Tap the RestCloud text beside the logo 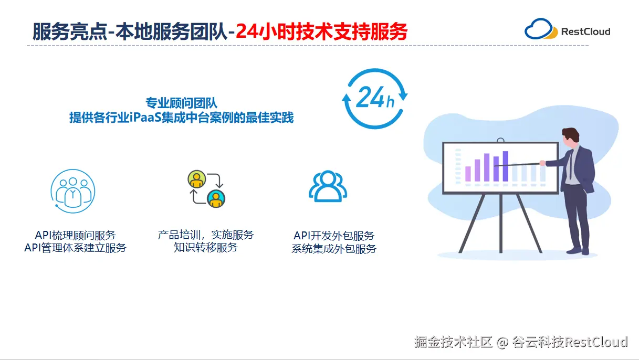point(585,31)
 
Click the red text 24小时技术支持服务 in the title point(321,31)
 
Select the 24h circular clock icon point(375,98)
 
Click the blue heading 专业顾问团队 point(182,103)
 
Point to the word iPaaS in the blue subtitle point(145,117)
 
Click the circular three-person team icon point(73,191)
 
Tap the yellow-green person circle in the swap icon point(196,179)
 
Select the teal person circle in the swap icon point(216,199)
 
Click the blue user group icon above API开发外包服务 point(328,186)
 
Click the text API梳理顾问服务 point(75,235)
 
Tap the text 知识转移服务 point(206,247)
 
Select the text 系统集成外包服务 point(334,249)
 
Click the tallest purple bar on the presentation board point(505,166)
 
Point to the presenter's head point(570,137)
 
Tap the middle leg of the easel point(500,223)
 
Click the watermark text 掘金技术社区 point(453,342)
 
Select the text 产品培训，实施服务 point(206,235)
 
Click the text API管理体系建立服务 point(75,248)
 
